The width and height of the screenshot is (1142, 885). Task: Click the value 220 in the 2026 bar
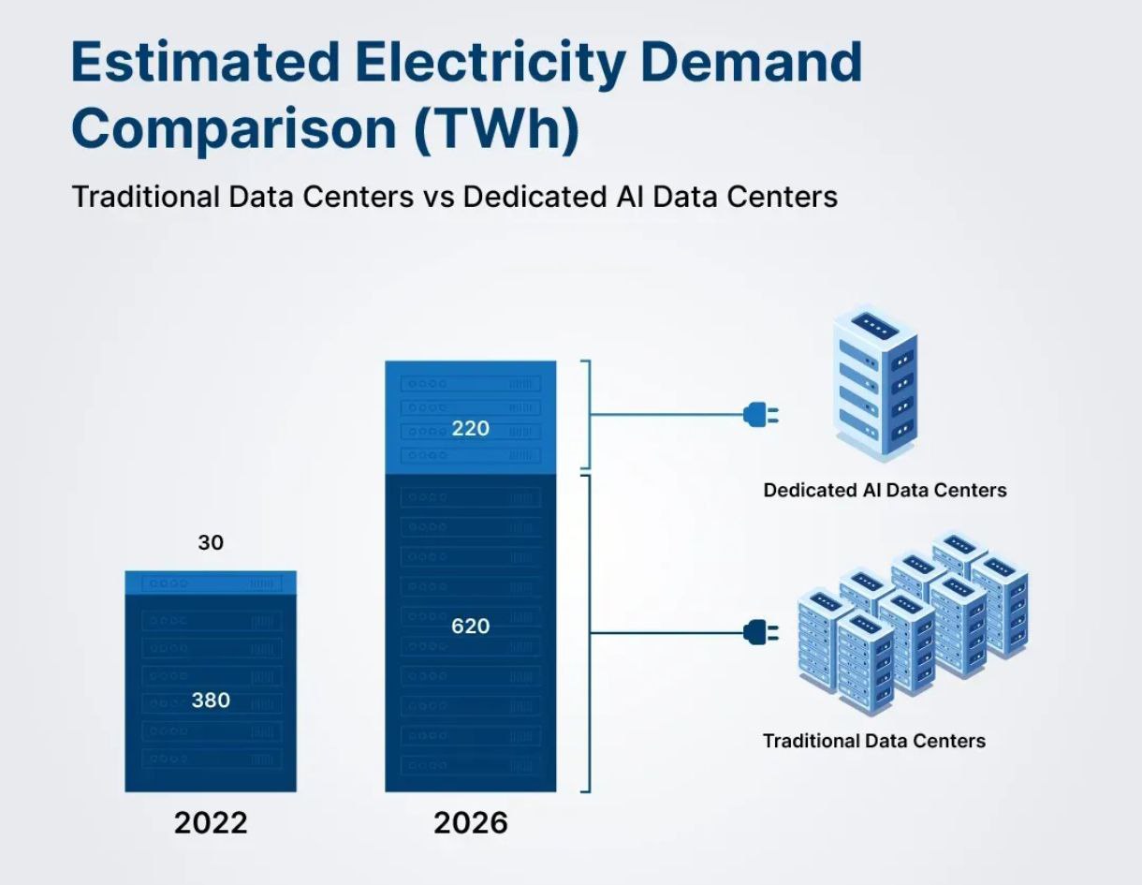click(470, 429)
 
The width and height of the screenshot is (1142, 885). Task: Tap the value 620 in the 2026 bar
click(470, 626)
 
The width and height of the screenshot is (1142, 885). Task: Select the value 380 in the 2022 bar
click(211, 701)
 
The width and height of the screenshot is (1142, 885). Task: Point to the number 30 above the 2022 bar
click(211, 542)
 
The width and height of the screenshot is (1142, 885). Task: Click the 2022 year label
click(211, 823)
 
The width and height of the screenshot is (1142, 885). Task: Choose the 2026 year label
click(470, 823)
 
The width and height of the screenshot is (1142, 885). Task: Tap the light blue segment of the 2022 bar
click(211, 582)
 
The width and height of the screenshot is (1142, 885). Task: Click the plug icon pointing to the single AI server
click(759, 414)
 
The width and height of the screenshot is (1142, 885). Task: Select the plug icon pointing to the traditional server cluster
click(759, 632)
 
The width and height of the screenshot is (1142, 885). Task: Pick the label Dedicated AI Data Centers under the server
click(885, 490)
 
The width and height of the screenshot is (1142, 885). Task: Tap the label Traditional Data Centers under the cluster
click(874, 741)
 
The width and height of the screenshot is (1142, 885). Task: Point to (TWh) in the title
click(496, 129)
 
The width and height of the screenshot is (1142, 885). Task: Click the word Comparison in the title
click(235, 129)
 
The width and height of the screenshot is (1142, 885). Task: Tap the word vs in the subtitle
click(438, 197)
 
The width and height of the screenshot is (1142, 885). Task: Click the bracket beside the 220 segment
click(588, 414)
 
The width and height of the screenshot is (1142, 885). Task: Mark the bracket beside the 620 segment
click(588, 633)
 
